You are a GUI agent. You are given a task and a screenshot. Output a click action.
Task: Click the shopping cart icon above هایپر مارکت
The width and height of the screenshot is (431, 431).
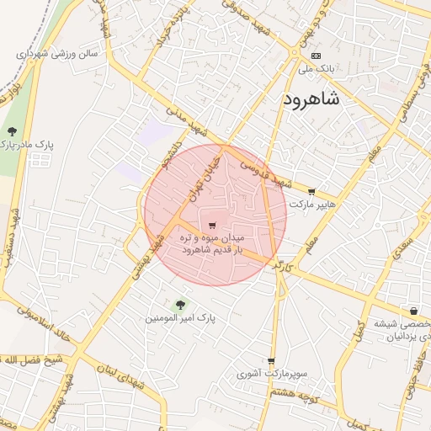[311, 193]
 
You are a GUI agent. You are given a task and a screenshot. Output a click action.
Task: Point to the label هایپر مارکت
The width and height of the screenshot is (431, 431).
[312, 205]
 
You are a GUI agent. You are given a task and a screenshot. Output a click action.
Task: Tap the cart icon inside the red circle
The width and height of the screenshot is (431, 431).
[211, 225]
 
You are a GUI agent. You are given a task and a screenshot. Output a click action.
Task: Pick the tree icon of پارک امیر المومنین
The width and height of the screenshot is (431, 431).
[179, 305]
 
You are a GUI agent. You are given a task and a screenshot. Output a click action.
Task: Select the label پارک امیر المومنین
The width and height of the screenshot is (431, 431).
[180, 319]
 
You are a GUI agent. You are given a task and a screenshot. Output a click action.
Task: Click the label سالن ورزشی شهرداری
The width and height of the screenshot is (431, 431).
[56, 53]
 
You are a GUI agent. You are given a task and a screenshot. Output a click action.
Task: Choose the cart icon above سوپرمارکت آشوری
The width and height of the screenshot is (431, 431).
[271, 361]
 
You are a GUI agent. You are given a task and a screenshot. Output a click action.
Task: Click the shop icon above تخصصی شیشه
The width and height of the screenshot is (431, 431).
[412, 311]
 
